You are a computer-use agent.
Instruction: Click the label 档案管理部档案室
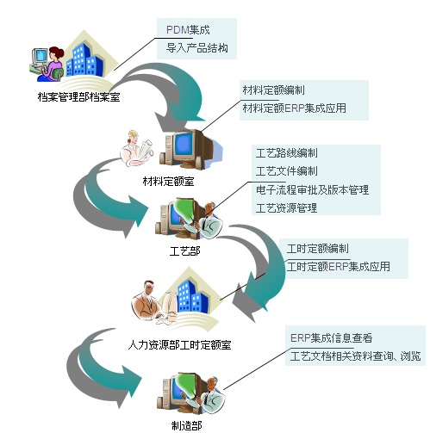(78, 97)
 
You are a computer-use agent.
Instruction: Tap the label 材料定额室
(168, 182)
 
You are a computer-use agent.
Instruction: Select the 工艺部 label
(184, 251)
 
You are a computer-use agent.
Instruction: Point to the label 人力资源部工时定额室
(179, 344)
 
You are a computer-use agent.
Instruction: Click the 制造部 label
(187, 425)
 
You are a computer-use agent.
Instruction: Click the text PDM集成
(188, 30)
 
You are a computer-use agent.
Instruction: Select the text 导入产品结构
(197, 48)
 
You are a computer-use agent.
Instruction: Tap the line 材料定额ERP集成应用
(295, 108)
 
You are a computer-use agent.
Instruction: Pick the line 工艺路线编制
(287, 153)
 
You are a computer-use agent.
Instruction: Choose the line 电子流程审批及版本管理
(312, 189)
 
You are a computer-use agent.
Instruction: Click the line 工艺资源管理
(287, 208)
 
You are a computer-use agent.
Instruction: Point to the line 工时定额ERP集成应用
(339, 267)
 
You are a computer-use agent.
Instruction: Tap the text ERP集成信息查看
(332, 338)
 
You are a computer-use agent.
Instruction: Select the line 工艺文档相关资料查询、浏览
(356, 356)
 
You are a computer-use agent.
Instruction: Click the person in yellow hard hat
(135, 148)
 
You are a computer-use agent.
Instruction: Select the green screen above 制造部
(188, 386)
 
